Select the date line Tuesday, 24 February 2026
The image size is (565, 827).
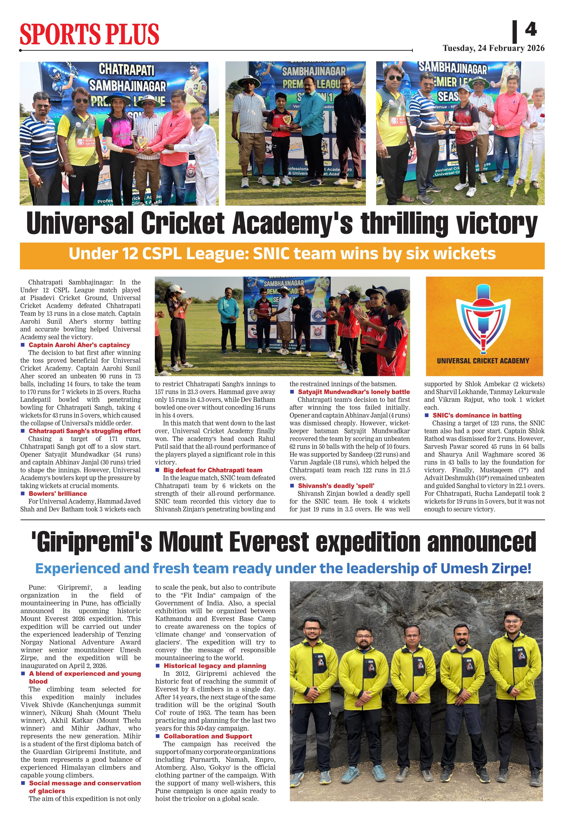[x=494, y=48]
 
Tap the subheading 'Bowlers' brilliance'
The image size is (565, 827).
[x=58, y=494]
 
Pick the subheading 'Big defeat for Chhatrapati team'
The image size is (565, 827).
[x=212, y=470]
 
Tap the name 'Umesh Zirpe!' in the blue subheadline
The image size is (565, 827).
[x=486, y=568]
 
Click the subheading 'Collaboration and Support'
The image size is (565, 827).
[x=208, y=736]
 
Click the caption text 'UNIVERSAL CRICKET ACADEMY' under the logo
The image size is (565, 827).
[x=483, y=361]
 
